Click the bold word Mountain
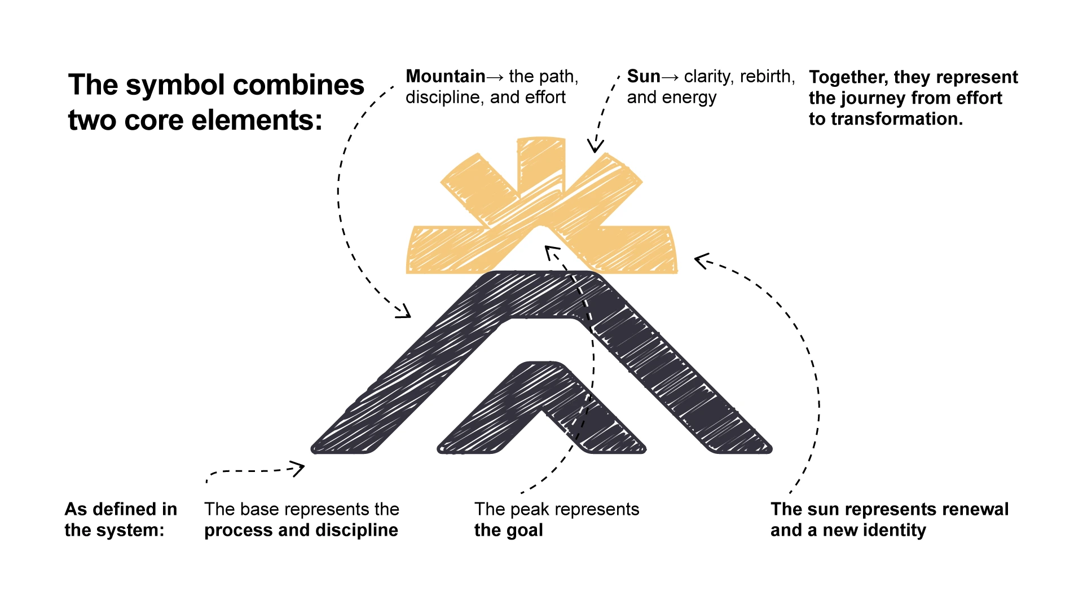(445, 76)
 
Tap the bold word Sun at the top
(643, 76)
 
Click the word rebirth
(767, 76)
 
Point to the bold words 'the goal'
(508, 531)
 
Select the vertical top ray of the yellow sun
(541, 164)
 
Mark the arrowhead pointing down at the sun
(595, 147)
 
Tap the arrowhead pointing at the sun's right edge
(702, 261)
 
